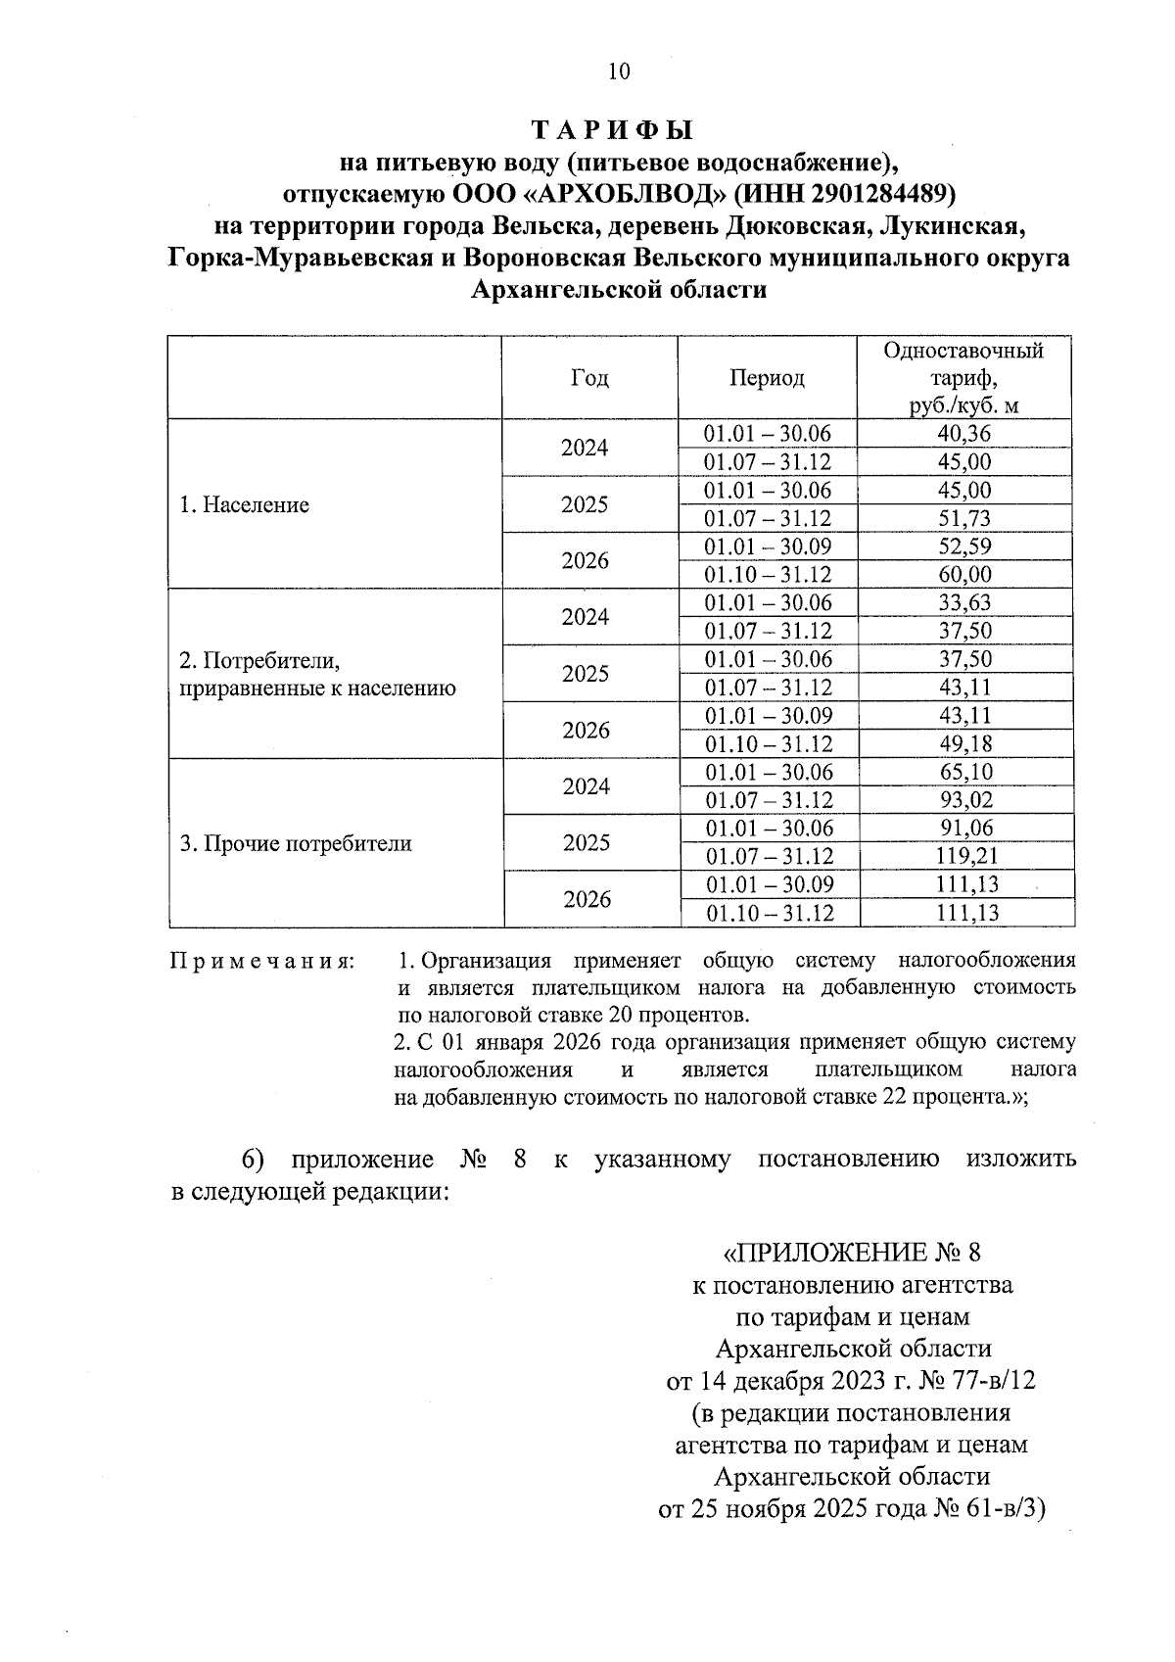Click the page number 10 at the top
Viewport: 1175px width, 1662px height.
[x=619, y=71]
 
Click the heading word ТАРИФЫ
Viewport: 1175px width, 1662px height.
[x=612, y=130]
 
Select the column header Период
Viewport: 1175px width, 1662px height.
[x=767, y=378]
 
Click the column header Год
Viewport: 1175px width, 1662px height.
[x=588, y=378]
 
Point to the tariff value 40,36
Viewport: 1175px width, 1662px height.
[x=964, y=434]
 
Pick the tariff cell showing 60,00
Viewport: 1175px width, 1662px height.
[x=964, y=575]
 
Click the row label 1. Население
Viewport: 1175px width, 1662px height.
[x=245, y=505]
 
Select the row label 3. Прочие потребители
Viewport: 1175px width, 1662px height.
[x=296, y=843]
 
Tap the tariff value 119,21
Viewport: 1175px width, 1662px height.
[x=964, y=857]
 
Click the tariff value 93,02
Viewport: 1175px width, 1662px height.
[x=964, y=800]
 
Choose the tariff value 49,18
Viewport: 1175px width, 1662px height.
[x=964, y=744]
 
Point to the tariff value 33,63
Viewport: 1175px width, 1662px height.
[x=964, y=603]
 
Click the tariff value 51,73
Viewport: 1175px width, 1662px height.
[x=964, y=518]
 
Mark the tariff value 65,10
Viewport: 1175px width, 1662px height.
[x=964, y=773]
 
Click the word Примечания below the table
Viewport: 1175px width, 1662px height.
[x=262, y=961]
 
